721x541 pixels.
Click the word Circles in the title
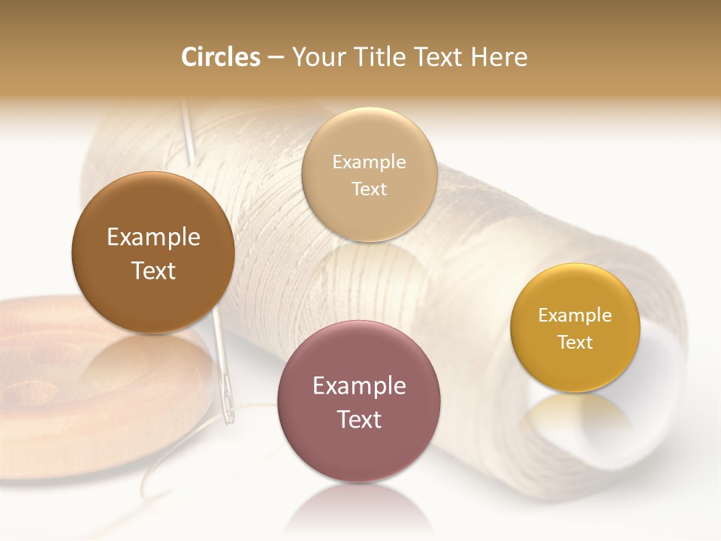pyautogui.click(x=220, y=57)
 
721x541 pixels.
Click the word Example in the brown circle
pyautogui.click(x=153, y=237)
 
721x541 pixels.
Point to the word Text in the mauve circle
pyautogui.click(x=359, y=419)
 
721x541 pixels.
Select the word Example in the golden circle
pyautogui.click(x=575, y=316)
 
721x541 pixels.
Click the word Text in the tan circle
pyautogui.click(x=370, y=189)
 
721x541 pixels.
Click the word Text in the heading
pyautogui.click(x=439, y=57)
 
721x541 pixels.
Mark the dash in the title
pyautogui.click(x=276, y=58)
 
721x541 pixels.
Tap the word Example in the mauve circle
pyautogui.click(x=359, y=386)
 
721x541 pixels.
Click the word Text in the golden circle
pyautogui.click(x=575, y=343)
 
